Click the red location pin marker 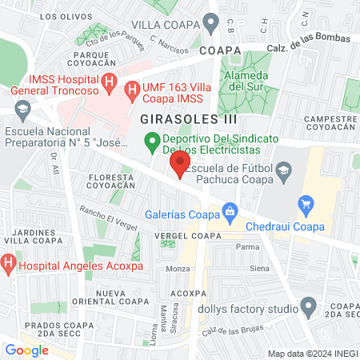click(x=179, y=165)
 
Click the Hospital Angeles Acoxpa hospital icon click(x=8, y=261)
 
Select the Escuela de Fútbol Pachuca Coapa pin click(x=285, y=169)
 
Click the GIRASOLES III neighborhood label click(x=177, y=118)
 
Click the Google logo click(x=26, y=350)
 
